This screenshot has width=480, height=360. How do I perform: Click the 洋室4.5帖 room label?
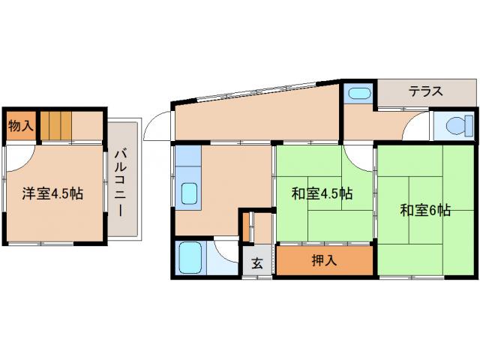(52, 193)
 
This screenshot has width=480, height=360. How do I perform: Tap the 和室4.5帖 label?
(322, 193)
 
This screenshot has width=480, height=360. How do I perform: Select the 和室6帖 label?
(424, 211)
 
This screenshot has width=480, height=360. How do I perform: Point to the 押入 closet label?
(323, 261)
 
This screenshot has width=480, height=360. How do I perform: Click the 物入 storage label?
(20, 126)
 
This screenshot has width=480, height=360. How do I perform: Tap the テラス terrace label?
(425, 92)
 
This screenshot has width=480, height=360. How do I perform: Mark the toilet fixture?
(455, 124)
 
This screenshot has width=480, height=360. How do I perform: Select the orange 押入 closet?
(323, 261)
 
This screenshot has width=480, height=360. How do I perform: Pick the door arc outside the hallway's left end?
(157, 124)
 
